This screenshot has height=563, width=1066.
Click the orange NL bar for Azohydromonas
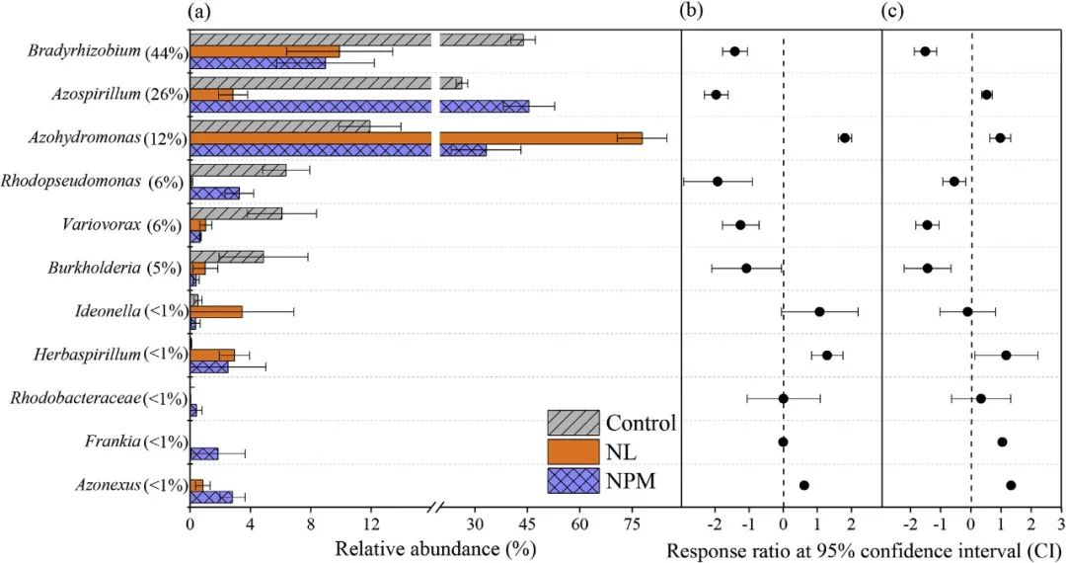tap(415, 138)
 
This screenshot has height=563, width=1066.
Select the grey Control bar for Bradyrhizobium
tap(355, 40)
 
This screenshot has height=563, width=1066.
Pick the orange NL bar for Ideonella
tap(216, 311)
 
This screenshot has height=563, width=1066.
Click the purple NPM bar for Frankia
tap(204, 453)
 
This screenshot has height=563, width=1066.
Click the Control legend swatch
tap(573, 424)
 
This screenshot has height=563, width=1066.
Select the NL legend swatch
tap(573, 451)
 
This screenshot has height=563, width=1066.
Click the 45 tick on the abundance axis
tap(527, 523)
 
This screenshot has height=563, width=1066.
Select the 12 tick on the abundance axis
tap(371, 523)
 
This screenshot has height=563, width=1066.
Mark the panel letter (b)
tap(692, 12)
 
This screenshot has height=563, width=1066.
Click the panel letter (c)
tap(891, 12)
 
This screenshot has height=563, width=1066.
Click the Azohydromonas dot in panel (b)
tap(845, 138)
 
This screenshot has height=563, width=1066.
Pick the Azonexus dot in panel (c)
tap(1011, 485)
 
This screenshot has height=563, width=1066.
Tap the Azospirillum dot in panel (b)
tap(717, 95)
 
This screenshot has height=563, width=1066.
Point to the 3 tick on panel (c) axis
tap(1061, 523)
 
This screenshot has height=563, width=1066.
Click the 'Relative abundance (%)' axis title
tap(435, 549)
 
